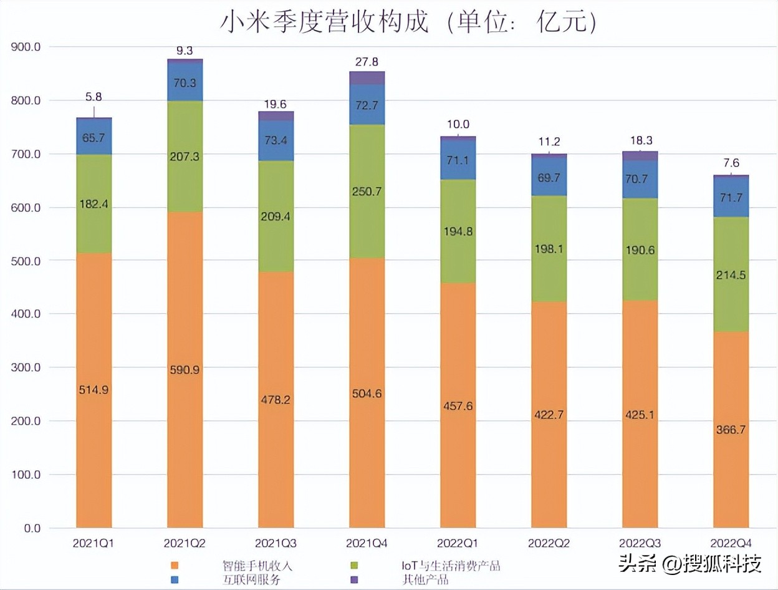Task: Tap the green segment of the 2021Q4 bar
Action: (x=367, y=191)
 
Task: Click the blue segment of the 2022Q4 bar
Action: (x=731, y=197)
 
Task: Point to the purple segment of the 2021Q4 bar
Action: (x=367, y=78)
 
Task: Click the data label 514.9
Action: (x=94, y=390)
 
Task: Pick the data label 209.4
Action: (x=276, y=217)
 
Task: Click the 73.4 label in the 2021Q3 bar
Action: (x=276, y=140)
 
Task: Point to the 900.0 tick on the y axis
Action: (x=26, y=47)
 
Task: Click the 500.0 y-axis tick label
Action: (x=26, y=261)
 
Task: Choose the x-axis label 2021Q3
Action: (x=276, y=543)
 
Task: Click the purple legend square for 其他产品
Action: (x=355, y=580)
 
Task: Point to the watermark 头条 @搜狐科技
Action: (x=689, y=564)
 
